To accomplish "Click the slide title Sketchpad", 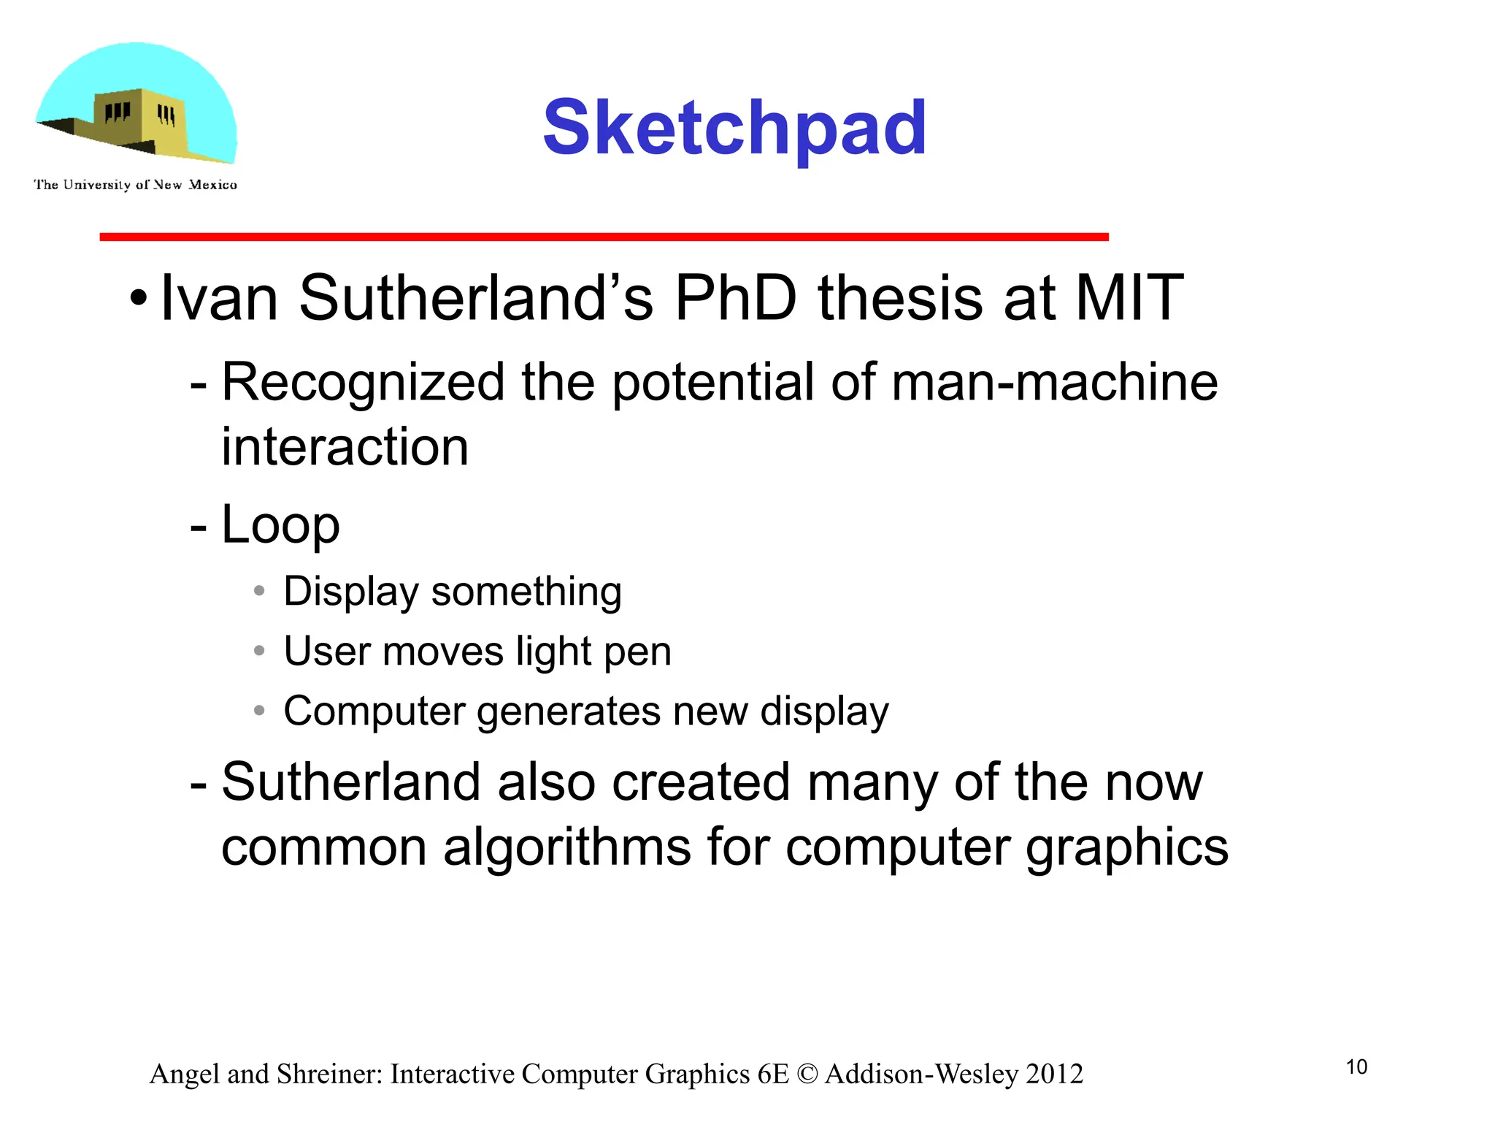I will point(734,129).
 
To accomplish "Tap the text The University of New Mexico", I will point(135,185).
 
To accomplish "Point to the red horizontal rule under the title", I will point(604,237).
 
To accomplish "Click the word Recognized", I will point(363,383).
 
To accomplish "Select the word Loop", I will point(280,525).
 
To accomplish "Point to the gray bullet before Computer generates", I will point(259,710).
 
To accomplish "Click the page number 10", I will point(1356,1067).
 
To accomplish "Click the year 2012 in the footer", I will point(1054,1074).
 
